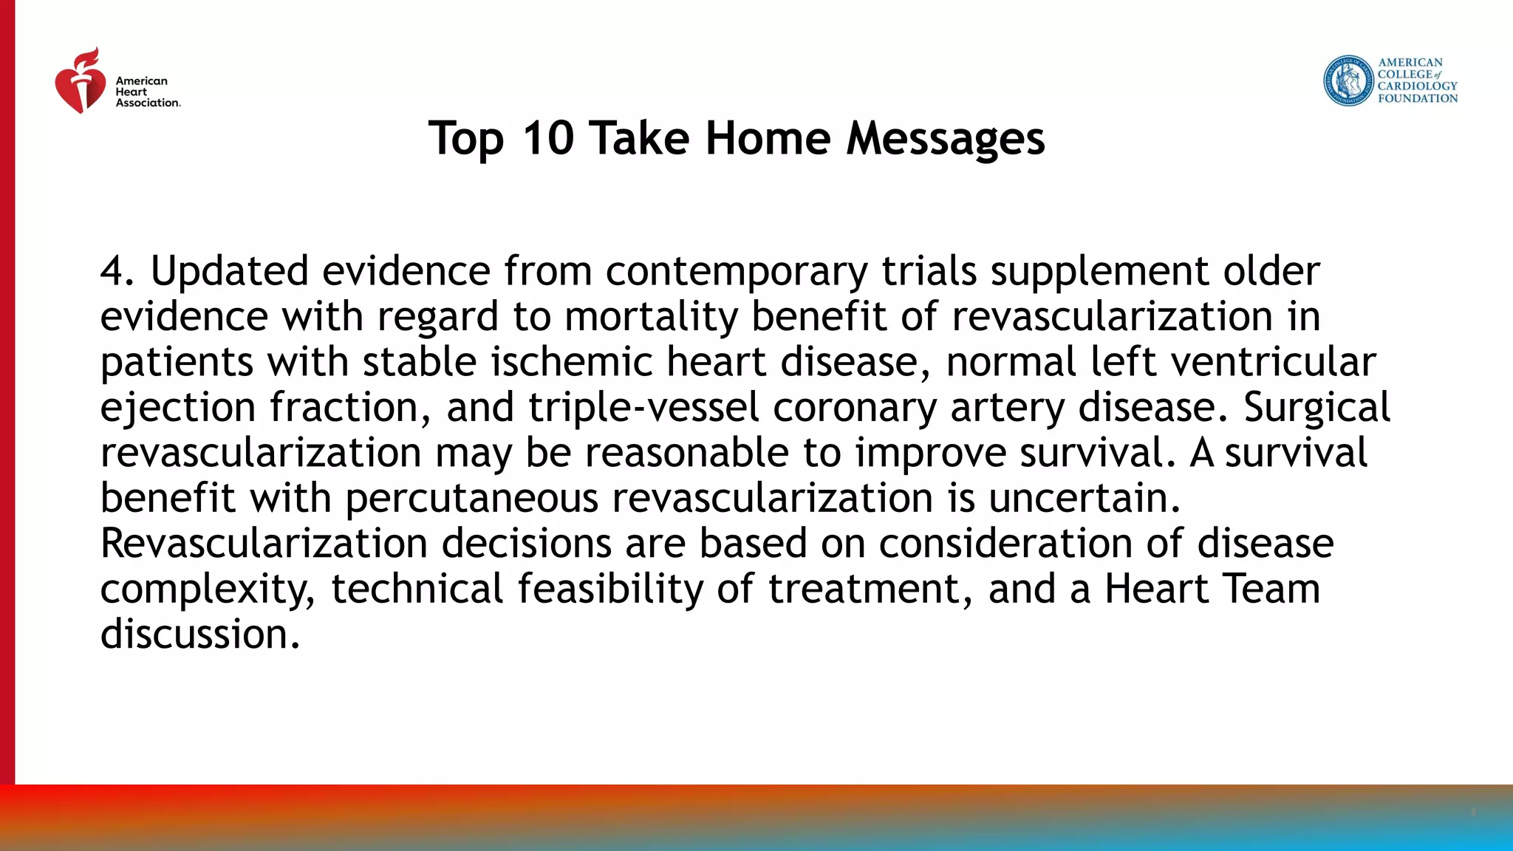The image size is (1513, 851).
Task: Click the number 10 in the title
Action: click(547, 138)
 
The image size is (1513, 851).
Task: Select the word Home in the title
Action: click(768, 138)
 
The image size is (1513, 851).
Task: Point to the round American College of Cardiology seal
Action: click(1348, 81)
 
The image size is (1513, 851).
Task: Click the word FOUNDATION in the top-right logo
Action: click(1418, 98)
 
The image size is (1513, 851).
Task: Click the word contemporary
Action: click(737, 271)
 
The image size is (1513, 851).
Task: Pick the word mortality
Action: click(651, 316)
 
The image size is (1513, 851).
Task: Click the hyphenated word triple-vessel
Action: click(643, 407)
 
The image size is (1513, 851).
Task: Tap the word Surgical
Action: click(1316, 407)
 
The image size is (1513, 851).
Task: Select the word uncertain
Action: click(1084, 497)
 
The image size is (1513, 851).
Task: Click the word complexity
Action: click(208, 589)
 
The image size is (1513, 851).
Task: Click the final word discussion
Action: click(199, 634)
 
